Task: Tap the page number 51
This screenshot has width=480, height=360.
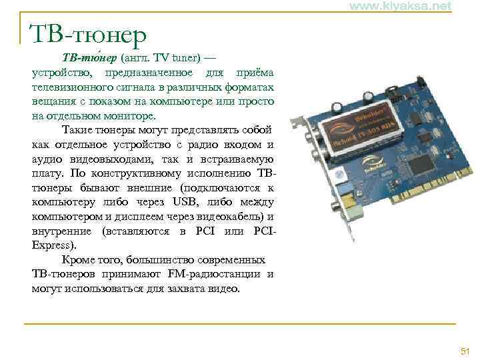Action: pos(465,351)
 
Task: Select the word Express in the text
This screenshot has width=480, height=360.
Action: pos(49,245)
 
